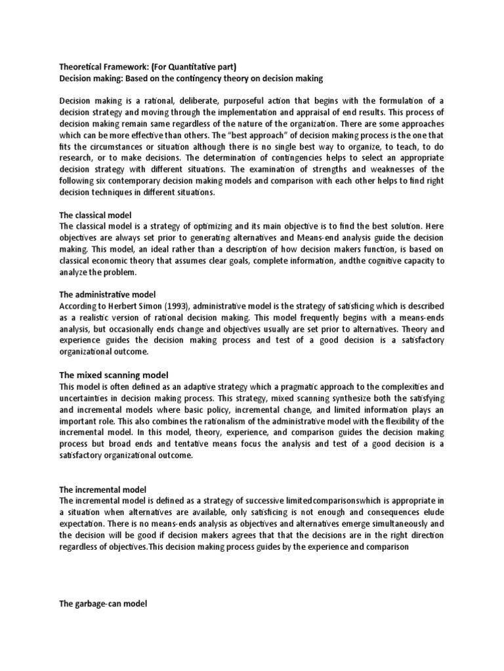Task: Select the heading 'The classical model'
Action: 95,215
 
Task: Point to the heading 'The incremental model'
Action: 102,489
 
